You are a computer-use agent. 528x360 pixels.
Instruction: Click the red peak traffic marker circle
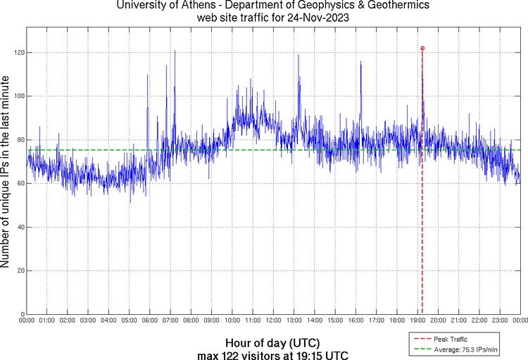click(x=422, y=48)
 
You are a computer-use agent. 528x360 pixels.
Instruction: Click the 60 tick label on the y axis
click(x=20, y=183)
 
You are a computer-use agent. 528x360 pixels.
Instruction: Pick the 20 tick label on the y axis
click(x=20, y=271)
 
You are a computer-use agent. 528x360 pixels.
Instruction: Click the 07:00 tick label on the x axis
click(x=170, y=321)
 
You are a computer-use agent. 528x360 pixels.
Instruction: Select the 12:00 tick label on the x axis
click(x=273, y=321)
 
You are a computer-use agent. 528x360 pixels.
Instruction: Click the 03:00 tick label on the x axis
click(x=88, y=321)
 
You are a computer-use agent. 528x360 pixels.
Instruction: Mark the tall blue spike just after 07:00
click(x=175, y=52)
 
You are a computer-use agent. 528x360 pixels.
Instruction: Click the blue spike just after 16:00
click(x=360, y=63)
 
